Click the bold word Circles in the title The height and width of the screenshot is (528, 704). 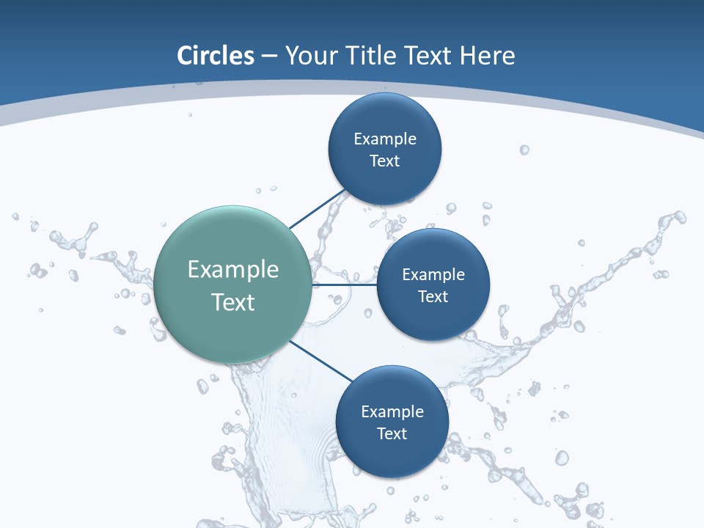[x=215, y=56]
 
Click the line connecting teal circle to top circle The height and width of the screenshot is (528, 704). [x=317, y=209]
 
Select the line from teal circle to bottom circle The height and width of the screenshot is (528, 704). [x=321, y=361]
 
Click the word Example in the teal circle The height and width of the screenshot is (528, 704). [x=232, y=270]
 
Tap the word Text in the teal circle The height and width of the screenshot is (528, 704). [x=232, y=302]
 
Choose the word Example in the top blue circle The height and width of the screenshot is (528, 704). [x=385, y=139]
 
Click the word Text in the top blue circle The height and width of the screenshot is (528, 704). [x=385, y=161]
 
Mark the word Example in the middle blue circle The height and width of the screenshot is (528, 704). [x=433, y=274]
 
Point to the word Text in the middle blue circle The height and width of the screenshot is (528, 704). [x=433, y=296]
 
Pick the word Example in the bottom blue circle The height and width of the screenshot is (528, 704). [x=392, y=411]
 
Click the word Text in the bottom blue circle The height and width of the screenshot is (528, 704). [x=392, y=433]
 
